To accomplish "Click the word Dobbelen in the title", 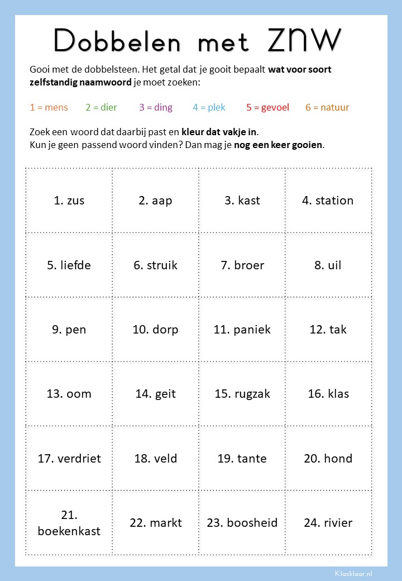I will pyautogui.click(x=119, y=40).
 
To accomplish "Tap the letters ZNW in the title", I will pyautogui.click(x=304, y=39).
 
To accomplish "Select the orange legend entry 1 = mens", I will pyautogui.click(x=49, y=107).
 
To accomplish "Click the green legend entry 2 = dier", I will pyautogui.click(x=101, y=107).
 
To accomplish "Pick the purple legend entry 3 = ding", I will pyautogui.click(x=156, y=107).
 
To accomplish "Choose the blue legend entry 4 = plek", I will pyautogui.click(x=209, y=107).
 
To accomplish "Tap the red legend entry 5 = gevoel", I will pyautogui.click(x=267, y=107).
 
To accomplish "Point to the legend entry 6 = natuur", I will pyautogui.click(x=327, y=107).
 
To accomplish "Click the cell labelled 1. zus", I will pyautogui.click(x=69, y=201).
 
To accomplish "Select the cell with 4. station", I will pyautogui.click(x=328, y=201).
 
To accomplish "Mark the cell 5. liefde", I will pyautogui.click(x=69, y=265).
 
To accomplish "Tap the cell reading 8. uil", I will pyautogui.click(x=328, y=265).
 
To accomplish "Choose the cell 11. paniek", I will pyautogui.click(x=242, y=330).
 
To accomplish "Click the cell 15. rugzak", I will pyautogui.click(x=242, y=394).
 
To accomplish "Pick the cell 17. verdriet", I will pyautogui.click(x=69, y=459).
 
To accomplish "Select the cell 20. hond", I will pyautogui.click(x=328, y=459).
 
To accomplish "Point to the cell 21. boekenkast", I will pyautogui.click(x=69, y=523).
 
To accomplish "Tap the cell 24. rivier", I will pyautogui.click(x=328, y=523).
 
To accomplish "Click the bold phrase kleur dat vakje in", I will pyautogui.click(x=219, y=132).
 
